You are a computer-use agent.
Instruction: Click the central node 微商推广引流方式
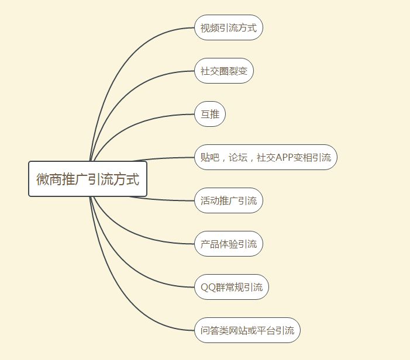(x=88, y=179)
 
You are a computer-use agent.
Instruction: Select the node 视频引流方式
(x=228, y=27)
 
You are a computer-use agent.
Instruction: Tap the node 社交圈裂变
(x=223, y=71)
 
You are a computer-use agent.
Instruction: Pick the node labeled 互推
(x=209, y=115)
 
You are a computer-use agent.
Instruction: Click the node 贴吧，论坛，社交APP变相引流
(x=266, y=157)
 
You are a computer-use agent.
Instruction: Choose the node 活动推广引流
(x=228, y=200)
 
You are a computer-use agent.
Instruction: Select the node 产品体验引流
(x=228, y=244)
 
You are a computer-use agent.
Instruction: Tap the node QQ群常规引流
(x=231, y=287)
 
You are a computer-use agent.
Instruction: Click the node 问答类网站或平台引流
(x=247, y=330)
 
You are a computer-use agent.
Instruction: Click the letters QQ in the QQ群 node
(x=207, y=287)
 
